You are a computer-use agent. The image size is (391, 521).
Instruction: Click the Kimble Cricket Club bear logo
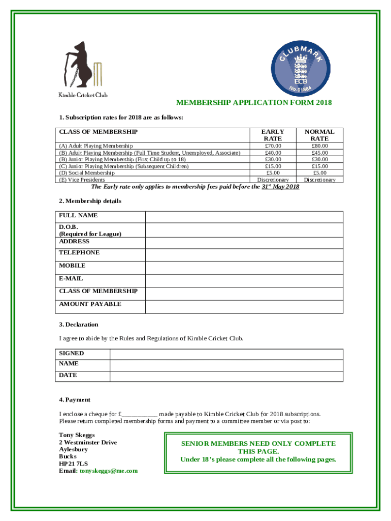82,66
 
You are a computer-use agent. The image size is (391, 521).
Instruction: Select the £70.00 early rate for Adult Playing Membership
273,146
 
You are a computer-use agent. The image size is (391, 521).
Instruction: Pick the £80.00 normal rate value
319,146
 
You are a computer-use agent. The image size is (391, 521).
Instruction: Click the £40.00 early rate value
273,153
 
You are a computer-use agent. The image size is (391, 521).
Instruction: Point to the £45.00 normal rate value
319,153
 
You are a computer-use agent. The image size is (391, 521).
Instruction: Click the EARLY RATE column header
273,135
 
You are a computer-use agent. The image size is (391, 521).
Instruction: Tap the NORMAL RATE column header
319,135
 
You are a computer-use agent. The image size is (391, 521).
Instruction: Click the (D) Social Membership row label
87,173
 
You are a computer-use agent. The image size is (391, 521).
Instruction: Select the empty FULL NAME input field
244,216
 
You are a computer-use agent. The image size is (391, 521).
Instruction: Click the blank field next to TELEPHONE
244,255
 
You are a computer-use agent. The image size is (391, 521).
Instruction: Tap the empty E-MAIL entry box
244,281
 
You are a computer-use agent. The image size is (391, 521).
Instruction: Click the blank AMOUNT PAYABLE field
244,307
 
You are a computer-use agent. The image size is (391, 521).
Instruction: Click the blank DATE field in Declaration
226,376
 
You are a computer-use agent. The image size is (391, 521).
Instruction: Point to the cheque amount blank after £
139,414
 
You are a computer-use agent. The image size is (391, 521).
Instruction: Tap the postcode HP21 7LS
73,464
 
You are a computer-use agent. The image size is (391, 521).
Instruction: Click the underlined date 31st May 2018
280,187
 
